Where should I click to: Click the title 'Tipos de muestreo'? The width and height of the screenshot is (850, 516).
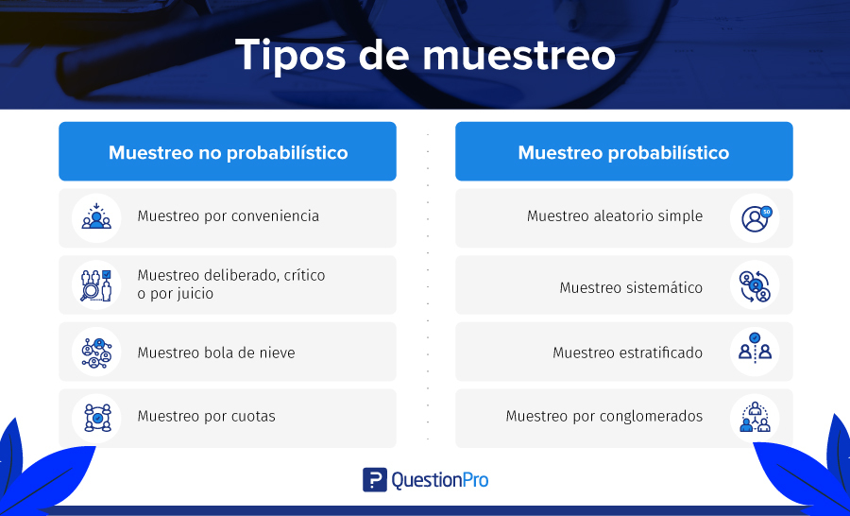425,55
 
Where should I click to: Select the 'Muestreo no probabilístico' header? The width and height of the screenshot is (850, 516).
228,151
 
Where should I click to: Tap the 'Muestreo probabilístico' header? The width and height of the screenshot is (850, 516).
624,151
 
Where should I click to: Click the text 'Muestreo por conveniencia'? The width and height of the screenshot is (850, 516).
229,216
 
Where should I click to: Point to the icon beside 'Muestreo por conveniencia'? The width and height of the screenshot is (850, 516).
96,217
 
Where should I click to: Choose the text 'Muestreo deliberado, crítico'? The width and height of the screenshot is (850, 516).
231,275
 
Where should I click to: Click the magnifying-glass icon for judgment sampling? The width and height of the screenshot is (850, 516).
96,284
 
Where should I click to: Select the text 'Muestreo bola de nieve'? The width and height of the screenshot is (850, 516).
216,353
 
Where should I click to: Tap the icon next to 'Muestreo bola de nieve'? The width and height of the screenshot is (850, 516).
96,352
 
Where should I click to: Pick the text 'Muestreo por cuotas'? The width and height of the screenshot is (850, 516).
207,416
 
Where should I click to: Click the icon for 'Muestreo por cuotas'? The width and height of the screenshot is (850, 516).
96,418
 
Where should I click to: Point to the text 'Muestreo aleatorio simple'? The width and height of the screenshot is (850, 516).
615,216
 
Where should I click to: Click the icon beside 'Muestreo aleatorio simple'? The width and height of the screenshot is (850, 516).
755,217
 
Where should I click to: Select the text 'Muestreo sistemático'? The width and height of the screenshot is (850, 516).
631,287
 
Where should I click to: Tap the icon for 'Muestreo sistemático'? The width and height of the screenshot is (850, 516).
755,284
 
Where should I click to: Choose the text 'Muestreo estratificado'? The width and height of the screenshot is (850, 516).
628,353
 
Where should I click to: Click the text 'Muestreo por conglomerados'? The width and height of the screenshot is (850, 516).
604,416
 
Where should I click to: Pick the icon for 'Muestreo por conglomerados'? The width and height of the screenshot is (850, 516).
755,418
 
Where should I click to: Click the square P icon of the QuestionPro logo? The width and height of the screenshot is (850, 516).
375,480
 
